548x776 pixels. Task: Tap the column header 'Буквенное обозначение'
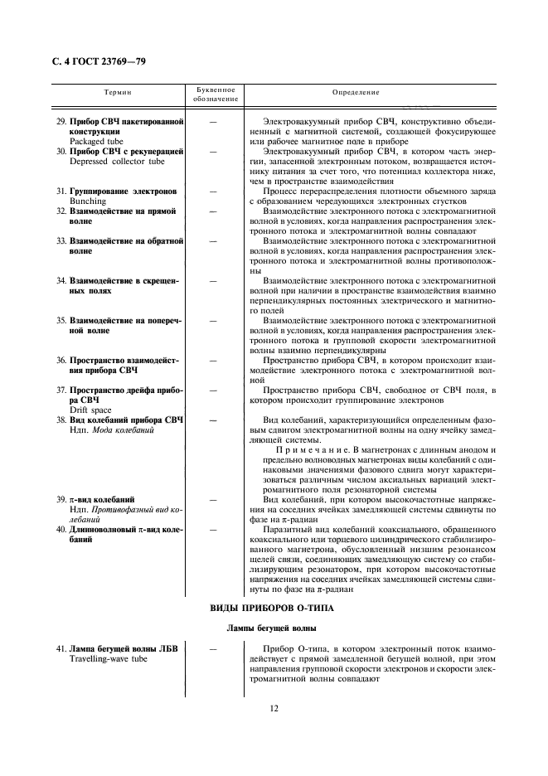215,94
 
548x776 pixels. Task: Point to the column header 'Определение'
356,94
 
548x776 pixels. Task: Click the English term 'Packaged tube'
95,142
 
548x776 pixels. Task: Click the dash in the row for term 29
215,122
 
